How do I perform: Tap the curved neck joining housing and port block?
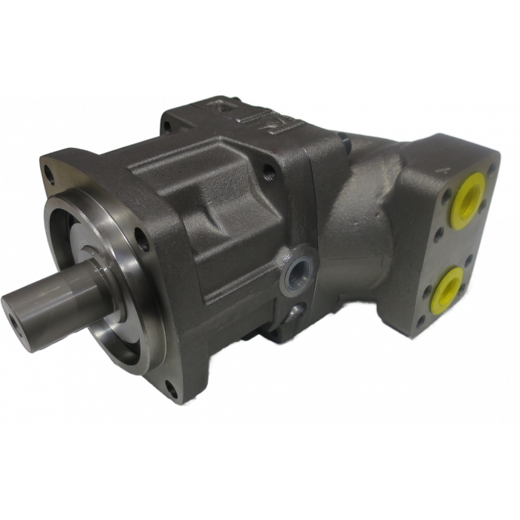click(364, 215)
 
